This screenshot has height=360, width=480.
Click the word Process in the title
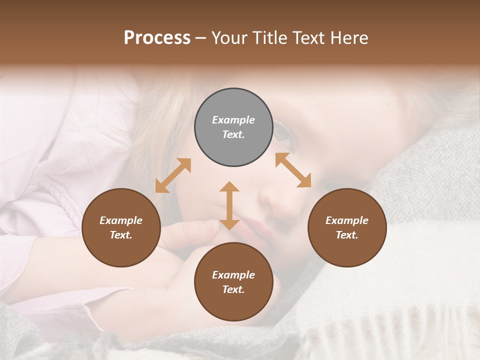click(157, 38)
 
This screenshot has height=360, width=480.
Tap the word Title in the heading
click(270, 38)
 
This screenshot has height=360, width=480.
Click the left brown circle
click(121, 227)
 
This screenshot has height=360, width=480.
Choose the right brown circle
click(347, 227)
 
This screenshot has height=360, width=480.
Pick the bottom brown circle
click(233, 282)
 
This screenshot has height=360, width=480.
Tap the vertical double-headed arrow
click(229, 205)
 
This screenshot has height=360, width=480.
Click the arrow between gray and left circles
click(173, 175)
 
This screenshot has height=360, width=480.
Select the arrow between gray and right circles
click(293, 170)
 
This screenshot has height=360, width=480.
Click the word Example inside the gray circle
click(233, 120)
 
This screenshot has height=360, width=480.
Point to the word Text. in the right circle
click(347, 235)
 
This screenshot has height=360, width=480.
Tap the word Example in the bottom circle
click(233, 275)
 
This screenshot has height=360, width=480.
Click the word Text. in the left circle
click(121, 235)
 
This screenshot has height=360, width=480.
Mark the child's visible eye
click(281, 131)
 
